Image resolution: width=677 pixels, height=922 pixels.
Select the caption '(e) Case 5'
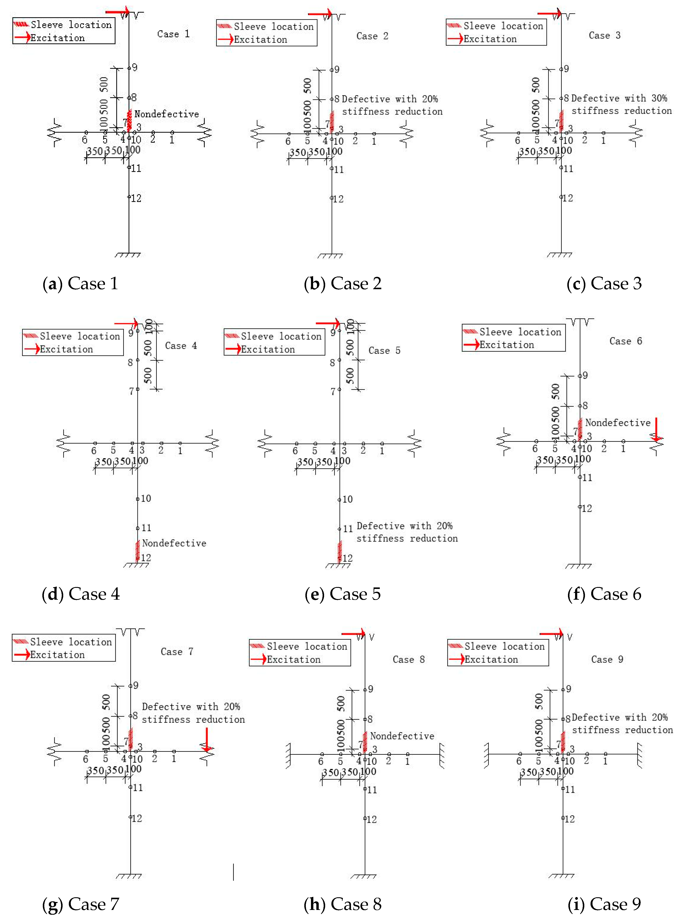pos(343,594)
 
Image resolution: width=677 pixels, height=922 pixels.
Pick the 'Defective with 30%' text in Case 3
pos(619,98)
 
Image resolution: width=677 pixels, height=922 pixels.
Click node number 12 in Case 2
pos(338,199)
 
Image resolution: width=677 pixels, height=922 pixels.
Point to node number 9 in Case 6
pos(585,375)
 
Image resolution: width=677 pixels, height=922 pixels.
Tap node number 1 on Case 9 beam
pos(605,761)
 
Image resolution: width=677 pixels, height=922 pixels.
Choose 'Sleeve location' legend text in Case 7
pos(71,642)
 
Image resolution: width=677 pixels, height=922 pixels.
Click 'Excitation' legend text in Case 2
pos(260,40)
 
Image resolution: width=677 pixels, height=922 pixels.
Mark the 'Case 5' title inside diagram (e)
pos(384,350)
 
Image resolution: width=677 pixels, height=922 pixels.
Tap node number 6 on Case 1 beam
pos(85,140)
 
